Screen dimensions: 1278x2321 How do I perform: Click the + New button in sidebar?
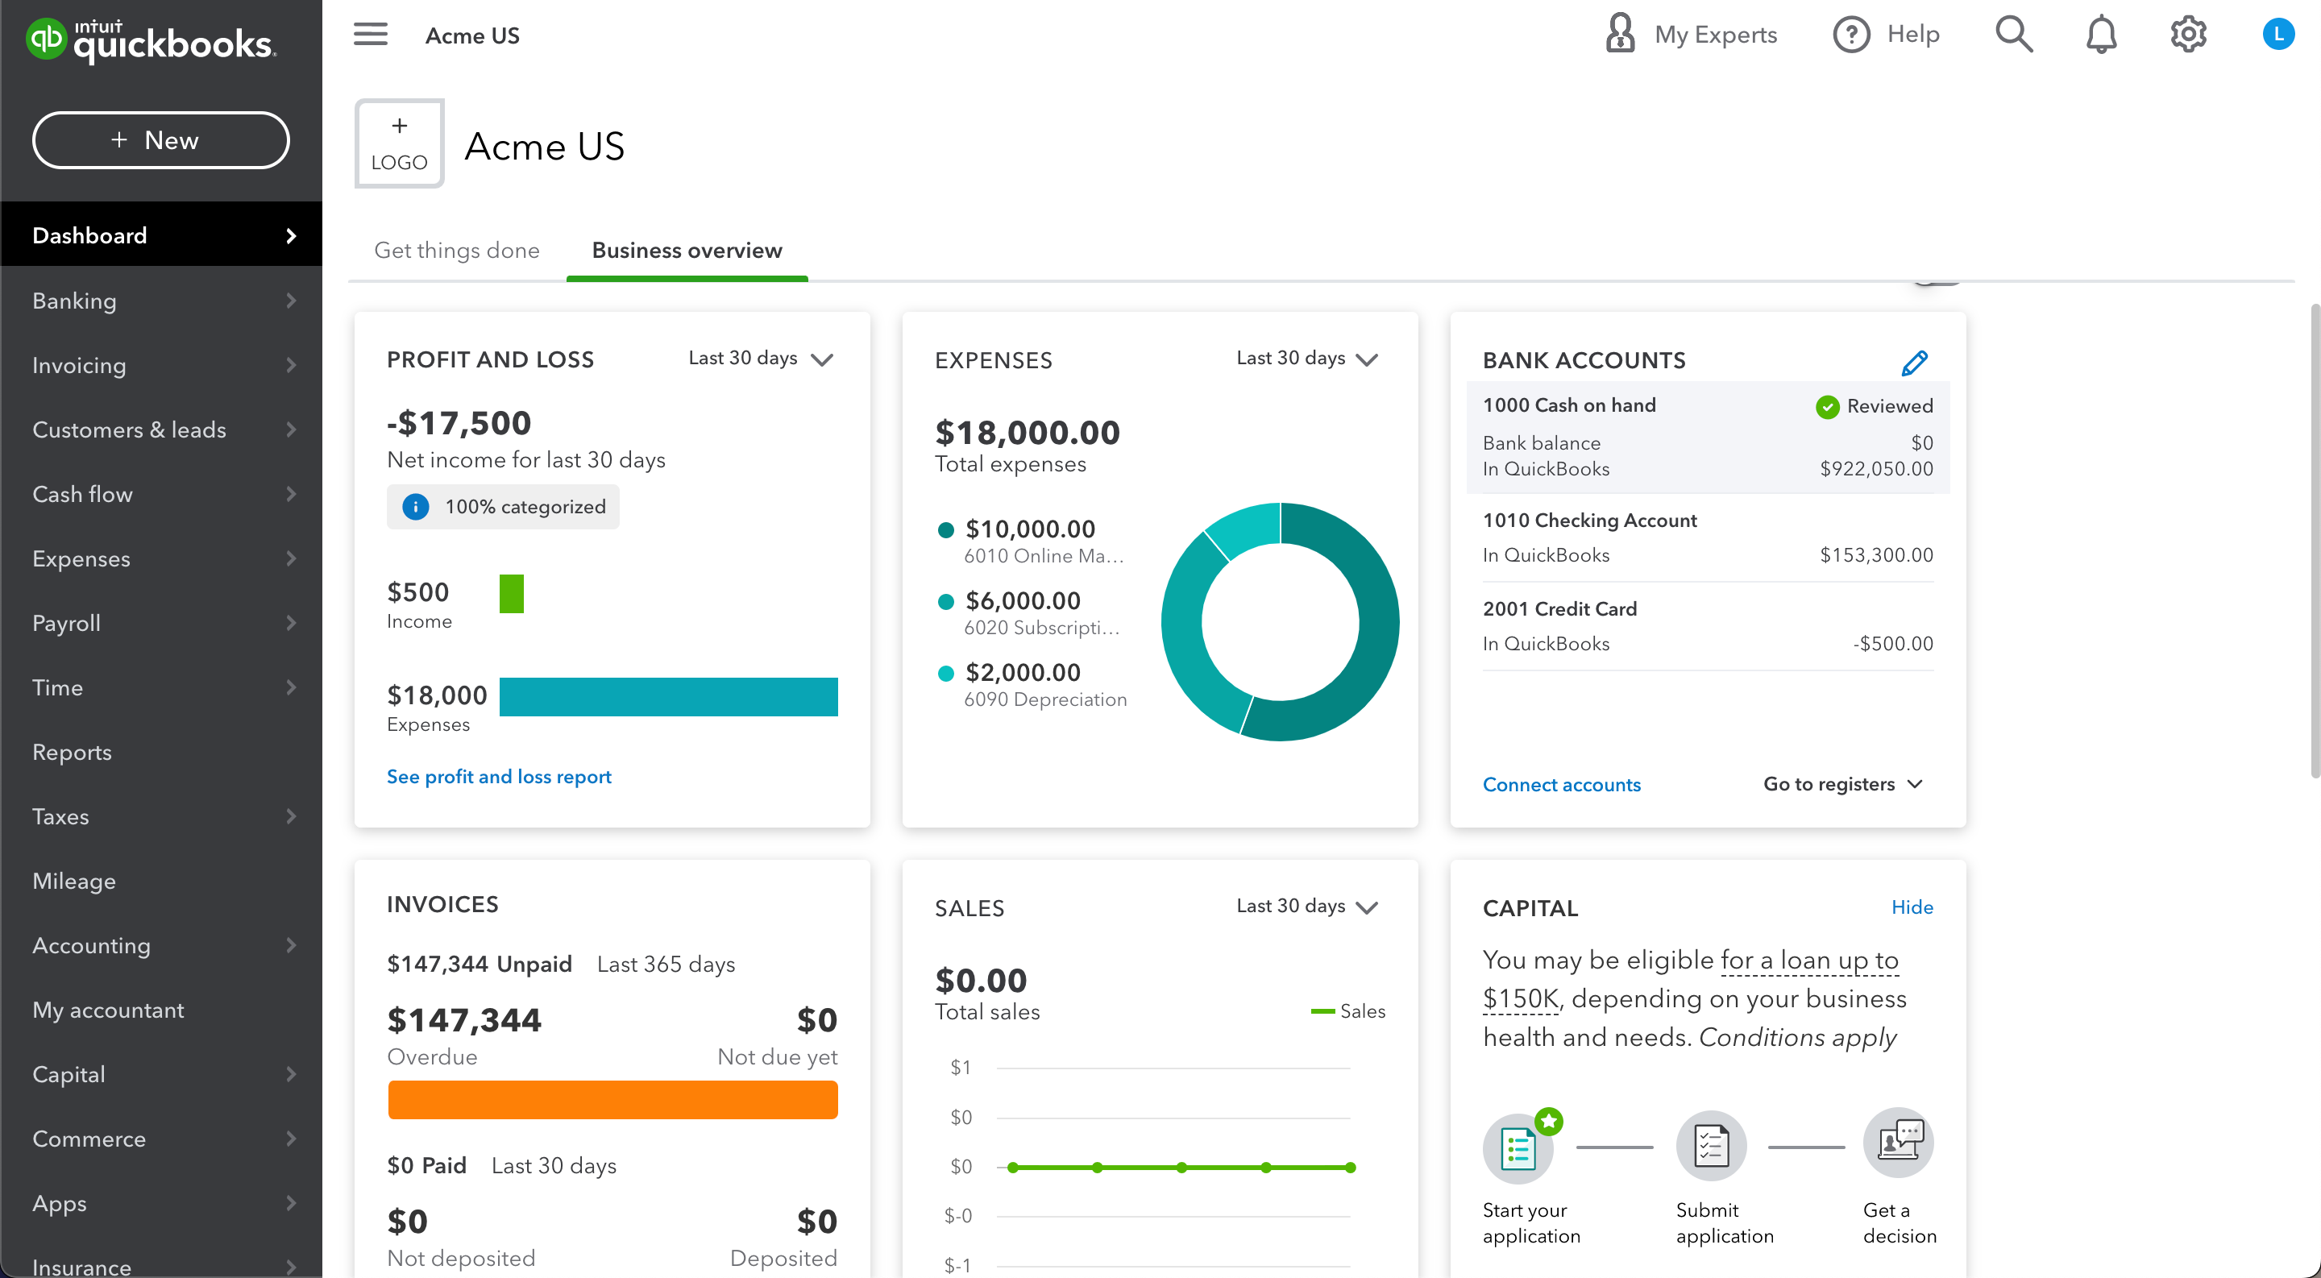pos(160,140)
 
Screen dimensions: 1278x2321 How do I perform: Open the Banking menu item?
pos(74,301)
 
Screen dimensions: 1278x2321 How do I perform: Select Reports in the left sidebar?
pos(72,752)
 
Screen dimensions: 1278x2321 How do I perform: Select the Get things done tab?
pos(457,251)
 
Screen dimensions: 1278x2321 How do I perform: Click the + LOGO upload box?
pos(399,144)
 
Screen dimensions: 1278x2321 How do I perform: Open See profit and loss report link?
pos(499,776)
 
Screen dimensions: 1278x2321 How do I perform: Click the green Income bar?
pos(511,594)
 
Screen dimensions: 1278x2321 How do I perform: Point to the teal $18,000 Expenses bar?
pos(667,697)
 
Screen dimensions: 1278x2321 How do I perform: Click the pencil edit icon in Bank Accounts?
pos(1914,363)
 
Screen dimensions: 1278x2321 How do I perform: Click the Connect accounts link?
pos(1562,785)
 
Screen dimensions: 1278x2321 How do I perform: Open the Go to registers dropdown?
pos(1842,785)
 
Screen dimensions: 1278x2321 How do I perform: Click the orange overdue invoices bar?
pos(612,1100)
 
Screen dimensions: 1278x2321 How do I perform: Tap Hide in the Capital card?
pos(1912,907)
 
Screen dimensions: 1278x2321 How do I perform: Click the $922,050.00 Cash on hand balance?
pos(1876,468)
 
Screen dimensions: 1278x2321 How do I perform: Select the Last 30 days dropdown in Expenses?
pos(1306,359)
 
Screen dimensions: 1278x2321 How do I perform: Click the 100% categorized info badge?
pos(504,507)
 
